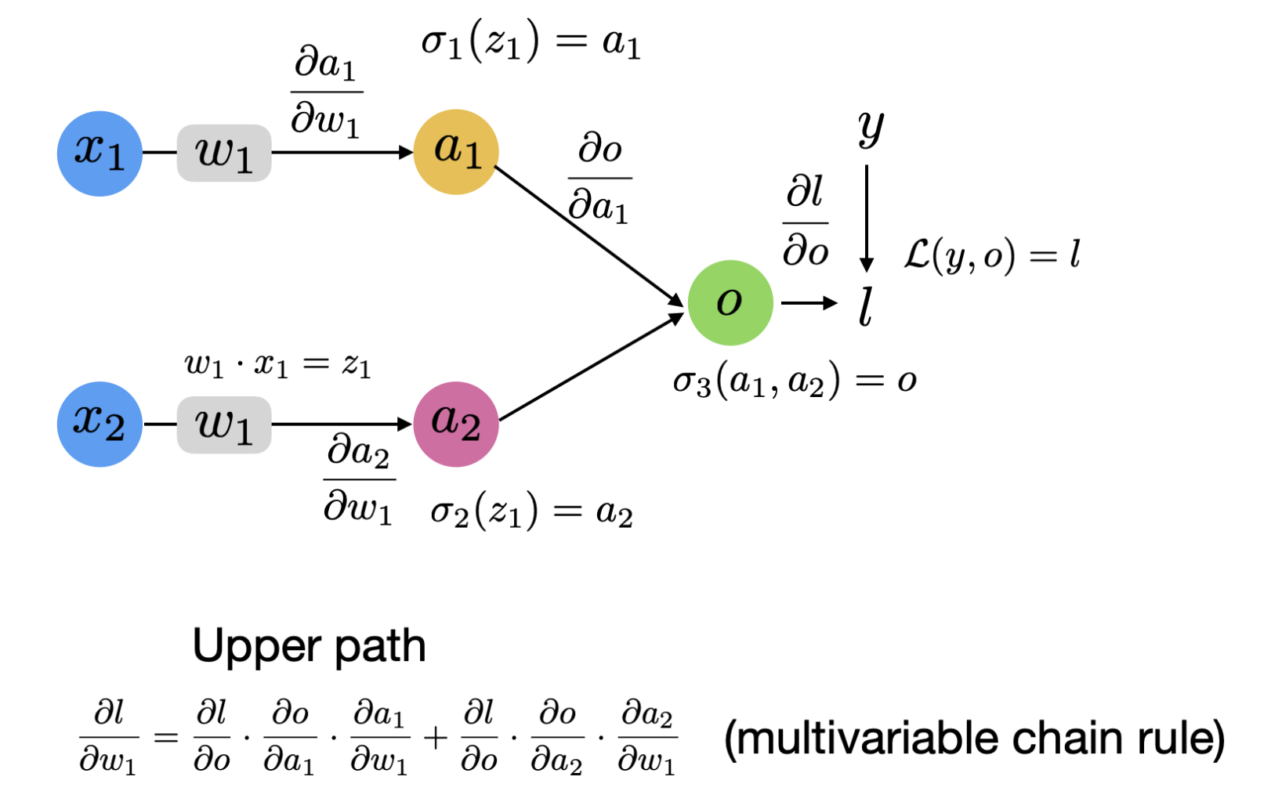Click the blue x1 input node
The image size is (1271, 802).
pos(100,153)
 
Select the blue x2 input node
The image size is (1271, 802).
pos(100,424)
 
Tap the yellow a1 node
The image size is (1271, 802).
pos(456,151)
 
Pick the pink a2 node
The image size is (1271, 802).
pos(456,424)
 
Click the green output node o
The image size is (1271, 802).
pos(730,302)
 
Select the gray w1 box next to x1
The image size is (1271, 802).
pos(224,153)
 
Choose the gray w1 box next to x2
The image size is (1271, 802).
pos(224,424)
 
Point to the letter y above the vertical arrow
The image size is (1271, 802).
pos(871,127)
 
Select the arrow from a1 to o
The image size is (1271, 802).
pos(589,236)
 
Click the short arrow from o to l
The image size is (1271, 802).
pos(809,303)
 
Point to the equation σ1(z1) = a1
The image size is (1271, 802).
pos(531,42)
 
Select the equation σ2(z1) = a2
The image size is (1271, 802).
pos(531,513)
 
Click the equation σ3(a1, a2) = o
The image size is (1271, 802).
pos(795,381)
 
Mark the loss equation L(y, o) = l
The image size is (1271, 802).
pos(992,255)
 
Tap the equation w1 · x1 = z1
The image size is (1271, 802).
pos(277,365)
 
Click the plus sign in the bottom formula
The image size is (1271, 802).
pos(436,737)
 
